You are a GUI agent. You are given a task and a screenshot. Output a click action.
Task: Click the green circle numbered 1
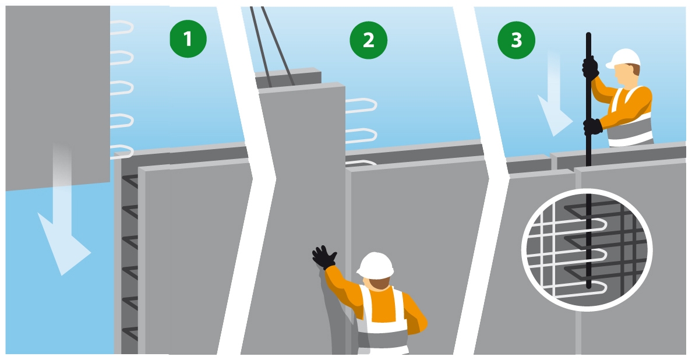(x=188, y=39)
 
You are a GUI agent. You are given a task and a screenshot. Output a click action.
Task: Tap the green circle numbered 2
(x=369, y=40)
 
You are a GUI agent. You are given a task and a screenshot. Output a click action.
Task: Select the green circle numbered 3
(x=516, y=40)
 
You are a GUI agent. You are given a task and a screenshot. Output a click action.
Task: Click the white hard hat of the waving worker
(x=375, y=266)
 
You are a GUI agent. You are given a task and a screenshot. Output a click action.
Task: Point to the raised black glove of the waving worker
(x=324, y=257)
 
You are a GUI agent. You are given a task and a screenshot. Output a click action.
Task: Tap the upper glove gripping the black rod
(x=590, y=68)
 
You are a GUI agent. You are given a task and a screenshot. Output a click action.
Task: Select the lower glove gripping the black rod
(x=593, y=126)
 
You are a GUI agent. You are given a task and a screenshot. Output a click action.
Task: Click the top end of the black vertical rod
(x=588, y=33)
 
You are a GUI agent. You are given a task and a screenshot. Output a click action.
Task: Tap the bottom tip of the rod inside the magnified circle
(x=588, y=288)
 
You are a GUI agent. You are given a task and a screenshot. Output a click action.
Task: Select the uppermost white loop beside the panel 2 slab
(x=362, y=105)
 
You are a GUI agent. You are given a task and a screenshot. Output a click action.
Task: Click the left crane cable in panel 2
(x=260, y=47)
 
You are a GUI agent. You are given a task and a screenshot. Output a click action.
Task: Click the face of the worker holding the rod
(x=626, y=75)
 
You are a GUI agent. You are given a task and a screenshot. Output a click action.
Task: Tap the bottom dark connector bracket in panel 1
(x=129, y=334)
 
